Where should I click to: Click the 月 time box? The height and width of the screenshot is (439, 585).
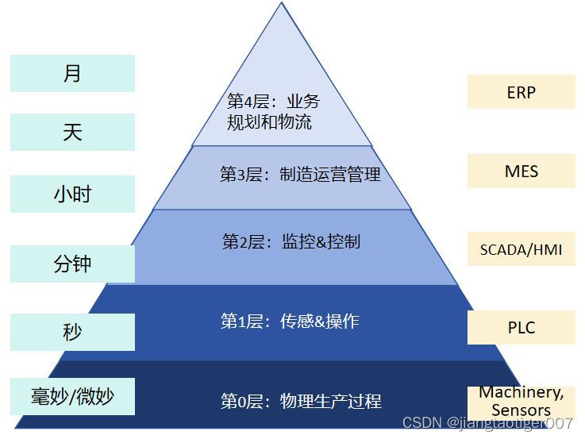tap(72, 74)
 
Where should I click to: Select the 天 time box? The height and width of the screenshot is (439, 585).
tap(72, 132)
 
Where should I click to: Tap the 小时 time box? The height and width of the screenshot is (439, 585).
tap(72, 194)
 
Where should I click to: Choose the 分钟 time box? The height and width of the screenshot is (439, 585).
tap(72, 264)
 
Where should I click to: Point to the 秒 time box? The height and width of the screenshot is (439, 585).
tap(72, 331)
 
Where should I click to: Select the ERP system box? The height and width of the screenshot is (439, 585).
tap(521, 92)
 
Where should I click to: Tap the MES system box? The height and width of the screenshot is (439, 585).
tap(521, 171)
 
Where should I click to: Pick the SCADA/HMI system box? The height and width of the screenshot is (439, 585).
tap(521, 249)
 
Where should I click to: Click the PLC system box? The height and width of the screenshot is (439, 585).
tap(521, 327)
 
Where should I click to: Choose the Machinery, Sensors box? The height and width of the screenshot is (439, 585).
tap(521, 401)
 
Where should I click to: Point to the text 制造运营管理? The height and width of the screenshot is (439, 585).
tap(330, 175)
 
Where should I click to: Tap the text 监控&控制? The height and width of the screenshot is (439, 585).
tap(321, 241)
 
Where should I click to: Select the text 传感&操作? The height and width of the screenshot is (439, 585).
tap(319, 322)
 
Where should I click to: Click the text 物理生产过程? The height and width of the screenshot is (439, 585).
tap(330, 401)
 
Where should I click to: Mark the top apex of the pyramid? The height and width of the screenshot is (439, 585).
tap(282, 4)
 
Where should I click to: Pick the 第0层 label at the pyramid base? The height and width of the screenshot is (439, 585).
tap(241, 401)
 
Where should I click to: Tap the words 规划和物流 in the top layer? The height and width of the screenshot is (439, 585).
tap(269, 122)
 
